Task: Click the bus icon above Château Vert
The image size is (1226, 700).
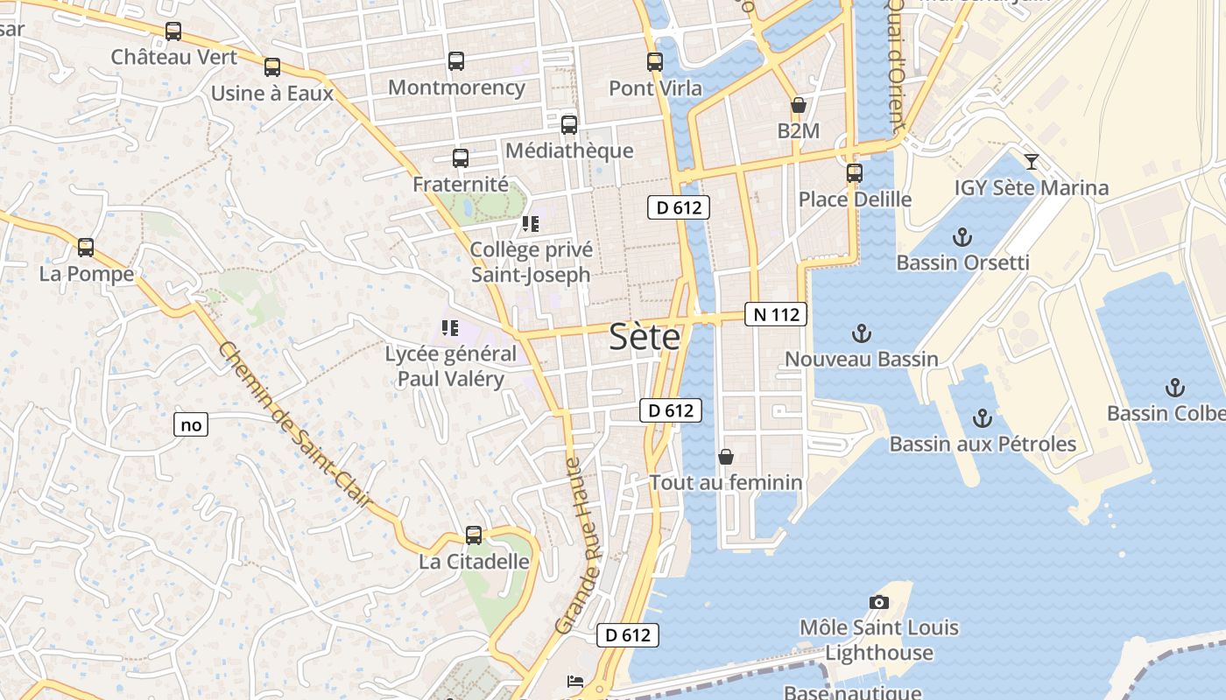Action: [x=173, y=31]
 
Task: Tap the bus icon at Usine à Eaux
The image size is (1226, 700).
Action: [x=272, y=66]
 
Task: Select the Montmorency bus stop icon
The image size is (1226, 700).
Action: [x=456, y=61]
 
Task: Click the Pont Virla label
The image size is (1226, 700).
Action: [x=655, y=88]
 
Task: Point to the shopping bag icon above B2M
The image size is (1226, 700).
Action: [x=798, y=106]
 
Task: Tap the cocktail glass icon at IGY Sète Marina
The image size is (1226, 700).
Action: [x=1032, y=161]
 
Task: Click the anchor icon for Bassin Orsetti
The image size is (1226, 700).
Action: [x=962, y=236]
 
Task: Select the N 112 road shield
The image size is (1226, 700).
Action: [x=776, y=314]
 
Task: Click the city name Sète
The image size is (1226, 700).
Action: [x=644, y=337]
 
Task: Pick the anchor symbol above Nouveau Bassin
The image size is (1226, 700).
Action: [x=862, y=332]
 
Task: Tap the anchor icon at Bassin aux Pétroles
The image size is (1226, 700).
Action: [x=982, y=417]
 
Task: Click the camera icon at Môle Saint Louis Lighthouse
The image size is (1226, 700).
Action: [x=879, y=602]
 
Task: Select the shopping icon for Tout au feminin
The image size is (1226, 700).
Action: [x=725, y=457]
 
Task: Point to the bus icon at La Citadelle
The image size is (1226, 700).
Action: [x=474, y=535]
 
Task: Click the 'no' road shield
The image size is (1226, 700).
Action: [x=191, y=425]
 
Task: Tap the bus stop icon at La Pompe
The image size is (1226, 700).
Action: [x=86, y=248]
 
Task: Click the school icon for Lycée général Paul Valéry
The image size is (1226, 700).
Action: [x=450, y=328]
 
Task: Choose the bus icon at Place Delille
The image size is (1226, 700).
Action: [x=855, y=173]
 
